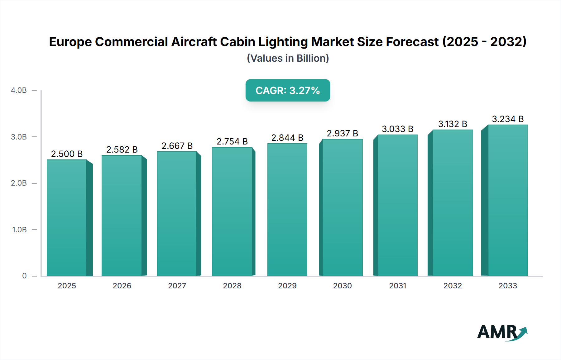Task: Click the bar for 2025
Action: [67, 218]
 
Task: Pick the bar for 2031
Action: [397, 205]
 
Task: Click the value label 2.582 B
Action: [122, 150]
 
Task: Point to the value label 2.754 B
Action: [232, 142]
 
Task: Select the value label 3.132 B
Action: [453, 124]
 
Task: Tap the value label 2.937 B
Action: [342, 134]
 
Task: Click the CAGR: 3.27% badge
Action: [288, 91]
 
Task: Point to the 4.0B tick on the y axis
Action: [19, 91]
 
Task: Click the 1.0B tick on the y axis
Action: [19, 230]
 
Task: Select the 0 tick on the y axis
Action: [24, 276]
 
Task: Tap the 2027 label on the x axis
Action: [177, 286]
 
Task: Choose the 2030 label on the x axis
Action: [342, 286]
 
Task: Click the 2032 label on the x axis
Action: [453, 286]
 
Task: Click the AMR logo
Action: [502, 332]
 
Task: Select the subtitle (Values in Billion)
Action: [288, 58]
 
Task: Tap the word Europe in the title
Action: [70, 42]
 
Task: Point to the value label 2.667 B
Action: [177, 146]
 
